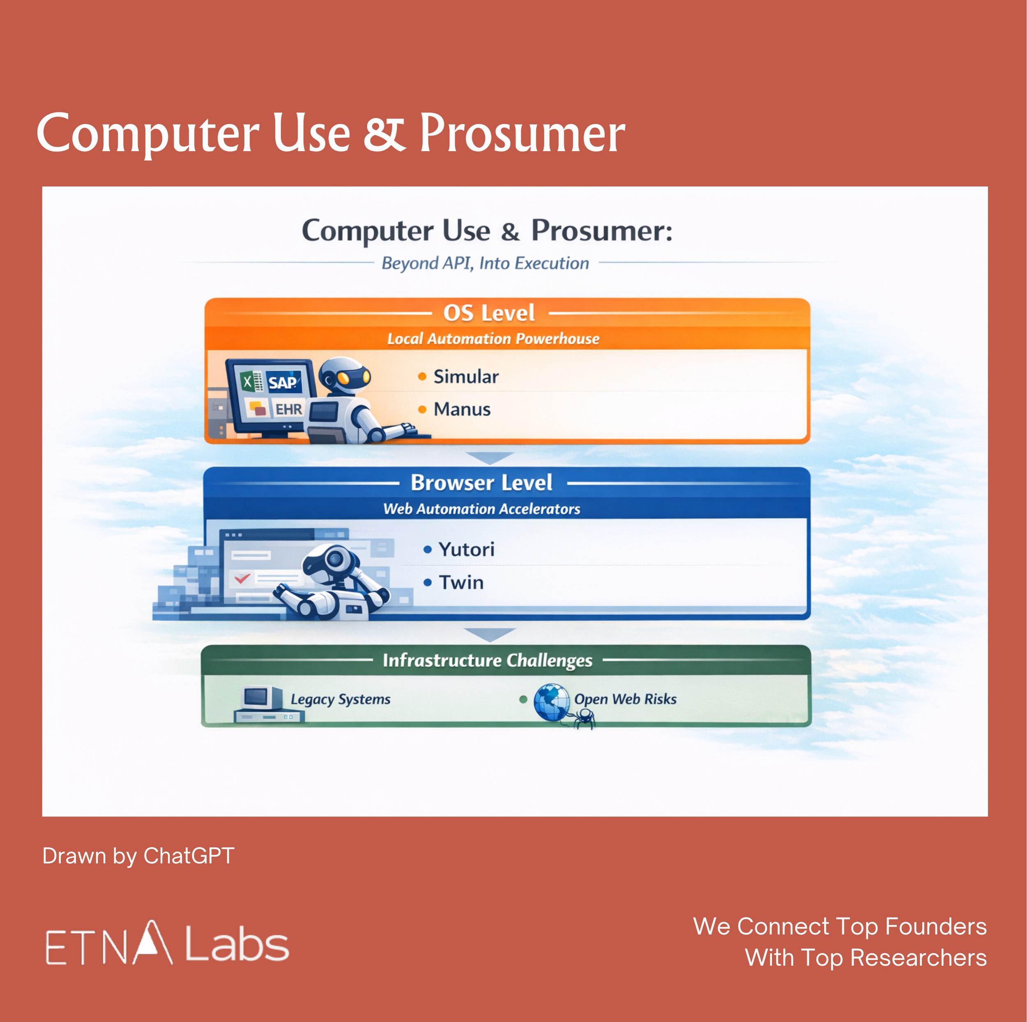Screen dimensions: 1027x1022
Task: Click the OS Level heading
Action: pyautogui.click(x=489, y=313)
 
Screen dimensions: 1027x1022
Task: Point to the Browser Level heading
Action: pyautogui.click(x=481, y=483)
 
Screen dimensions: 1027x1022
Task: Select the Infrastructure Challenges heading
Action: pyautogui.click(x=488, y=660)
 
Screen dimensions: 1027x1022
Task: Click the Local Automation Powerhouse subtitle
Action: pyautogui.click(x=493, y=339)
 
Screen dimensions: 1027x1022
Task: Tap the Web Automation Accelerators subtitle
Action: pyautogui.click(x=481, y=509)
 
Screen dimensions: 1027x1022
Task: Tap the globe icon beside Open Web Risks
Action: pyautogui.click(x=552, y=702)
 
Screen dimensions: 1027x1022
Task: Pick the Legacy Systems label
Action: pyautogui.click(x=341, y=699)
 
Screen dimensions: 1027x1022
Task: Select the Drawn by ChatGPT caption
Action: pyautogui.click(x=138, y=856)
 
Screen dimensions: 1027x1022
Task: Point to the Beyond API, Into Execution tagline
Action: pyautogui.click(x=485, y=263)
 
